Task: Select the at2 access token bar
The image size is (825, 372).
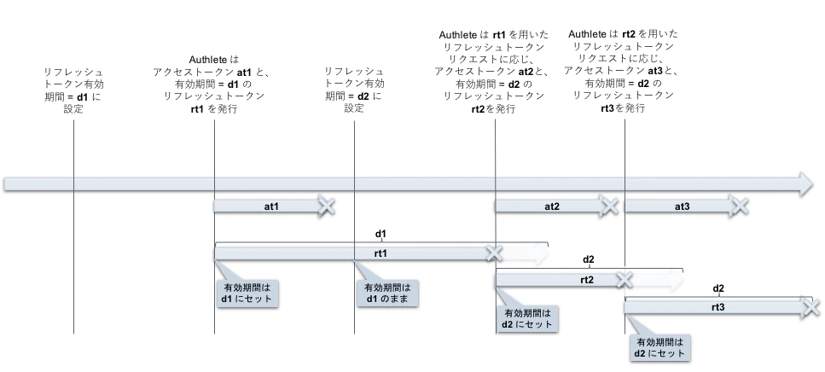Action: point(551,206)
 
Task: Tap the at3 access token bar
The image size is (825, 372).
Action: point(681,206)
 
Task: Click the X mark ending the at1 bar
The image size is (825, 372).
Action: point(326,206)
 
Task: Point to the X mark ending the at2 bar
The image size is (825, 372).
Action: point(608,206)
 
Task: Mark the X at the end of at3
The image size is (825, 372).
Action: point(739,206)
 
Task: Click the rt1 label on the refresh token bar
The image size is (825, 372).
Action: point(381,253)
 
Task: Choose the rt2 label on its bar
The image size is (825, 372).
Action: point(587,280)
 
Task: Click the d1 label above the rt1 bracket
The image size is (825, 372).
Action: point(381,233)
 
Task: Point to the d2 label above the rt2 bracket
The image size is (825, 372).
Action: point(589,259)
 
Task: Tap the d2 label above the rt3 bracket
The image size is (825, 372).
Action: point(718,288)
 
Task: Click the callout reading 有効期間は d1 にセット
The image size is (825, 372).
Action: point(247,294)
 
